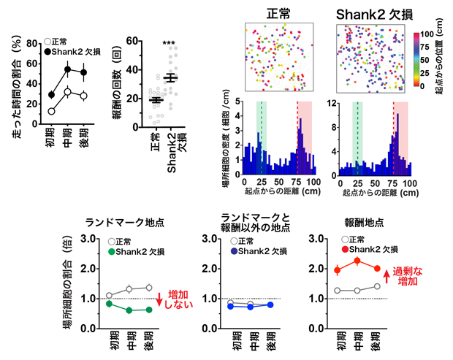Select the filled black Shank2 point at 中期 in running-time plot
click(67, 69)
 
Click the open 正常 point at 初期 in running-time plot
click(51, 111)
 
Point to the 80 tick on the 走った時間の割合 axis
click(31, 43)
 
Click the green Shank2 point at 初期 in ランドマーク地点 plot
click(110, 303)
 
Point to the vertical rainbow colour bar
click(416, 58)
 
